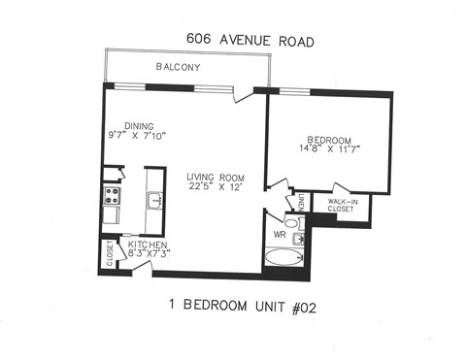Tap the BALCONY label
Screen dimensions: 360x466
(179, 67)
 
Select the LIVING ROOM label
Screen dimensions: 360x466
(217, 176)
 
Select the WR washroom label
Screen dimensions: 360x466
(279, 235)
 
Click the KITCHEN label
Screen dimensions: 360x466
(148, 245)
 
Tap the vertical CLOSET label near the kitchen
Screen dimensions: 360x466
(110, 255)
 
